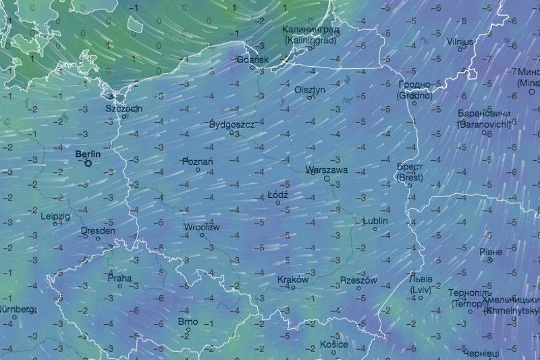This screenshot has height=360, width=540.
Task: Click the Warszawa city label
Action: click(327, 170)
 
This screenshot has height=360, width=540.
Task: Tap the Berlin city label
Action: click(88, 154)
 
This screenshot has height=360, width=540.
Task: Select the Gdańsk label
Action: click(254, 59)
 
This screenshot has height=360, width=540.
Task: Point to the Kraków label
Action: click(293, 280)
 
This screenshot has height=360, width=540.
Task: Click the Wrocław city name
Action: click(202, 228)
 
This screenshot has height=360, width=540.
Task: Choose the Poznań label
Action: click(198, 161)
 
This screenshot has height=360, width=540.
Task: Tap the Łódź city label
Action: click(278, 195)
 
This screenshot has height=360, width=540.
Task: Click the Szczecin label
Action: click(124, 108)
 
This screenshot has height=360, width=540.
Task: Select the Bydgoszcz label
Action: click(232, 125)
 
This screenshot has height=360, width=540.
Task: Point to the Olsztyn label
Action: click(310, 90)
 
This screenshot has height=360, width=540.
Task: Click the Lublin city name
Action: click(376, 221)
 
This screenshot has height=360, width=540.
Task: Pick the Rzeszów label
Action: click(358, 280)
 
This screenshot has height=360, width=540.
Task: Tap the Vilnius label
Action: click(460, 42)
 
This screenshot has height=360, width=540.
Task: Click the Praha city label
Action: click(119, 278)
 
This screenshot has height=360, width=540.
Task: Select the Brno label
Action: click(188, 322)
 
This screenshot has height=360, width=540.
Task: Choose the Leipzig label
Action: click(55, 216)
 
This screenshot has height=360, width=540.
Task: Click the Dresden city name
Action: click(98, 230)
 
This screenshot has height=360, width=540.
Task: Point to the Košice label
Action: click(334, 344)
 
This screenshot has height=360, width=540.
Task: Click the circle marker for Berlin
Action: click(88, 163)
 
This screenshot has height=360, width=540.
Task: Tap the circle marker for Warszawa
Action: click(327, 179)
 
